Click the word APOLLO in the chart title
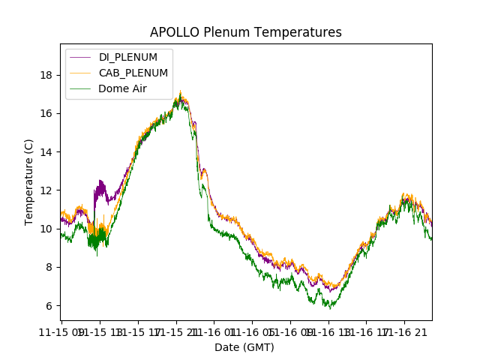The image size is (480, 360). point(172,33)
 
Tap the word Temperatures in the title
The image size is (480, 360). point(301,33)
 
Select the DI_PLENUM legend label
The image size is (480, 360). point(128,58)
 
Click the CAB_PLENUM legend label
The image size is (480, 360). point(133,73)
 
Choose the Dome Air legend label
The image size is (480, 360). point(122,88)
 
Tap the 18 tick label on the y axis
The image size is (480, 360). point(46,75)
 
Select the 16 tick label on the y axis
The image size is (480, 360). point(46,113)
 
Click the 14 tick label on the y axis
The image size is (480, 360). point(46,152)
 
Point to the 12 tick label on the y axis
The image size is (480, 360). point(46,190)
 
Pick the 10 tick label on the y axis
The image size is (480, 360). point(46,229)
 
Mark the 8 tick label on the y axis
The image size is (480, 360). point(49,267)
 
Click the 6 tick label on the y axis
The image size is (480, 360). point(49,306)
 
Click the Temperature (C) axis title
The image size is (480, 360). point(29,182)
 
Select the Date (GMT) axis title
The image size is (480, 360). point(244,347)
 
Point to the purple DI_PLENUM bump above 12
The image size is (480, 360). point(100,183)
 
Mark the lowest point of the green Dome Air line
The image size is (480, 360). point(330,308)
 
